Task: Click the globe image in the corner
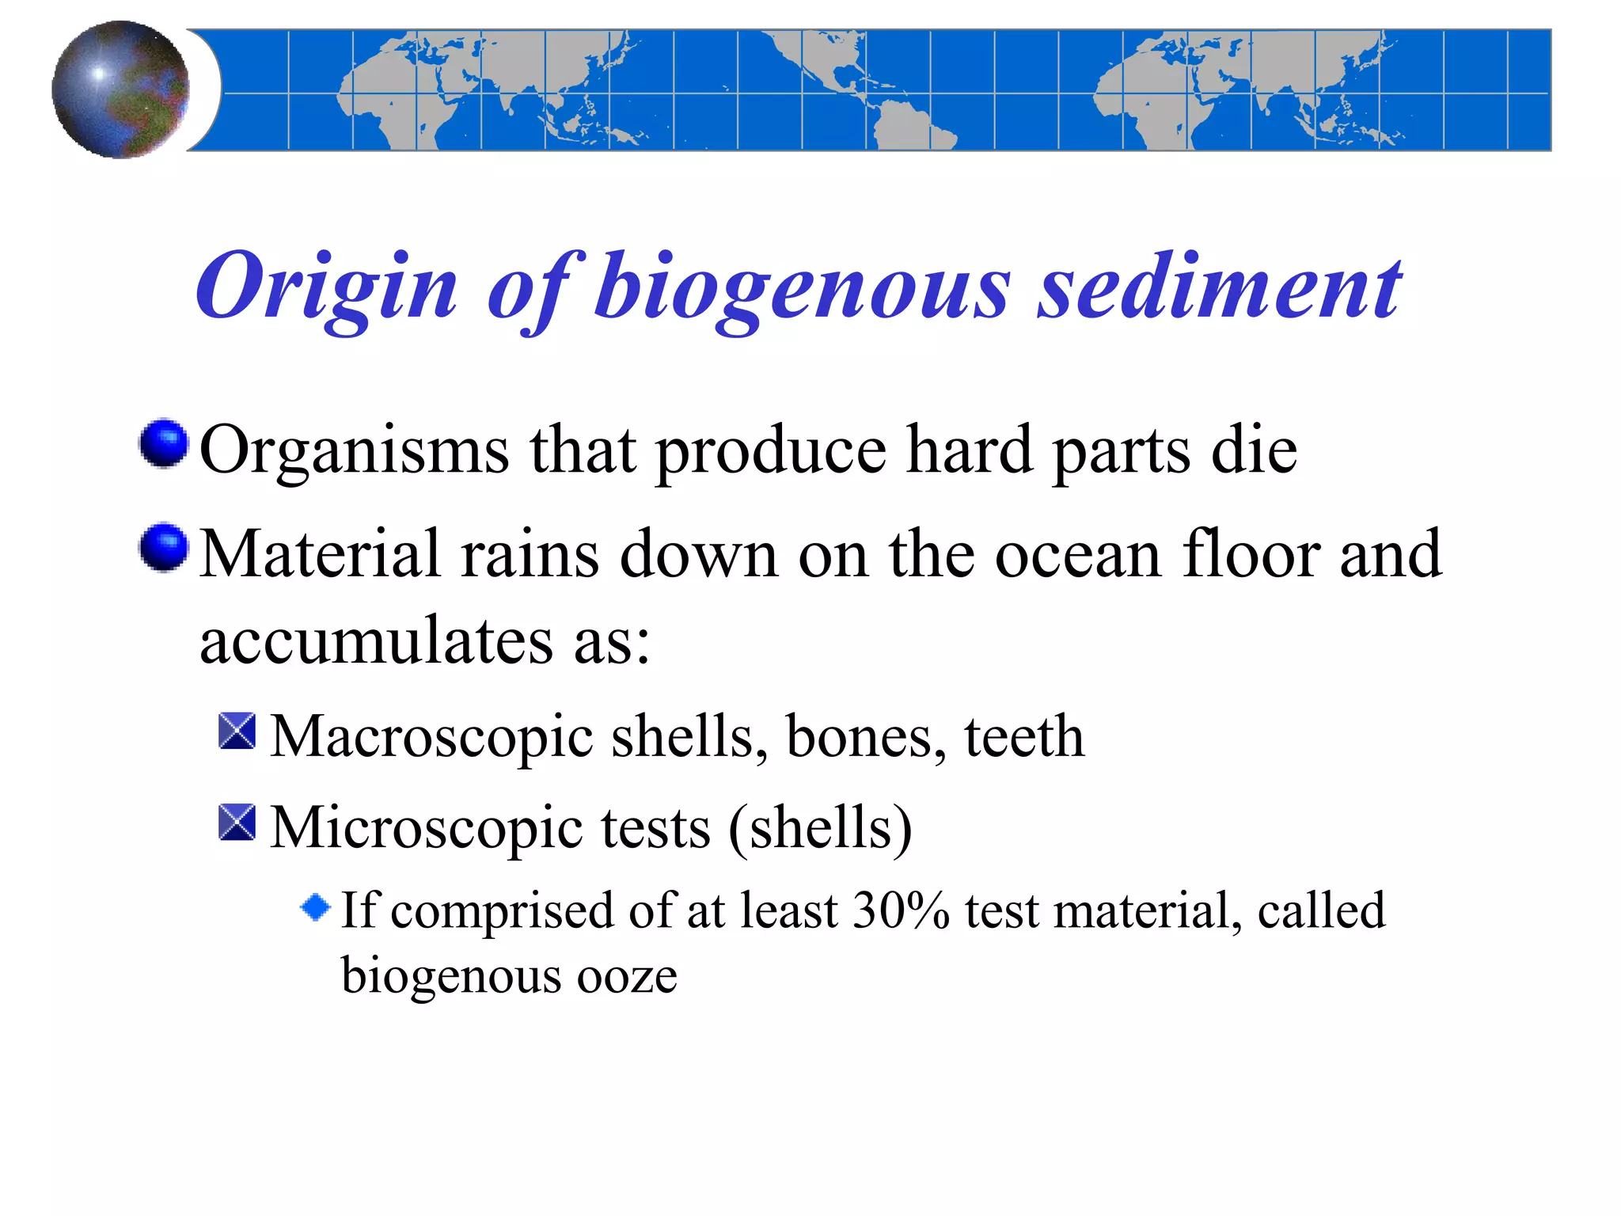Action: (x=120, y=89)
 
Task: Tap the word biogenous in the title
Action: (x=801, y=287)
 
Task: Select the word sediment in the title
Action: (x=1219, y=287)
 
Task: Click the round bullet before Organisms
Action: (x=164, y=443)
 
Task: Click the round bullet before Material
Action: (x=164, y=547)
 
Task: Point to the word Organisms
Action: (x=354, y=450)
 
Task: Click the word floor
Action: (x=1251, y=554)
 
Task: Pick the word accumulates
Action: (x=376, y=640)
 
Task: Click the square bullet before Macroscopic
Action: (x=237, y=731)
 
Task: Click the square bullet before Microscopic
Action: (x=237, y=822)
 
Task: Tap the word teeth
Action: (x=1023, y=736)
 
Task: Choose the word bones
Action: (x=866, y=736)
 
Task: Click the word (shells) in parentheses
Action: (x=820, y=827)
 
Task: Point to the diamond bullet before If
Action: (x=316, y=907)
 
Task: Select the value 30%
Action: (x=901, y=910)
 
